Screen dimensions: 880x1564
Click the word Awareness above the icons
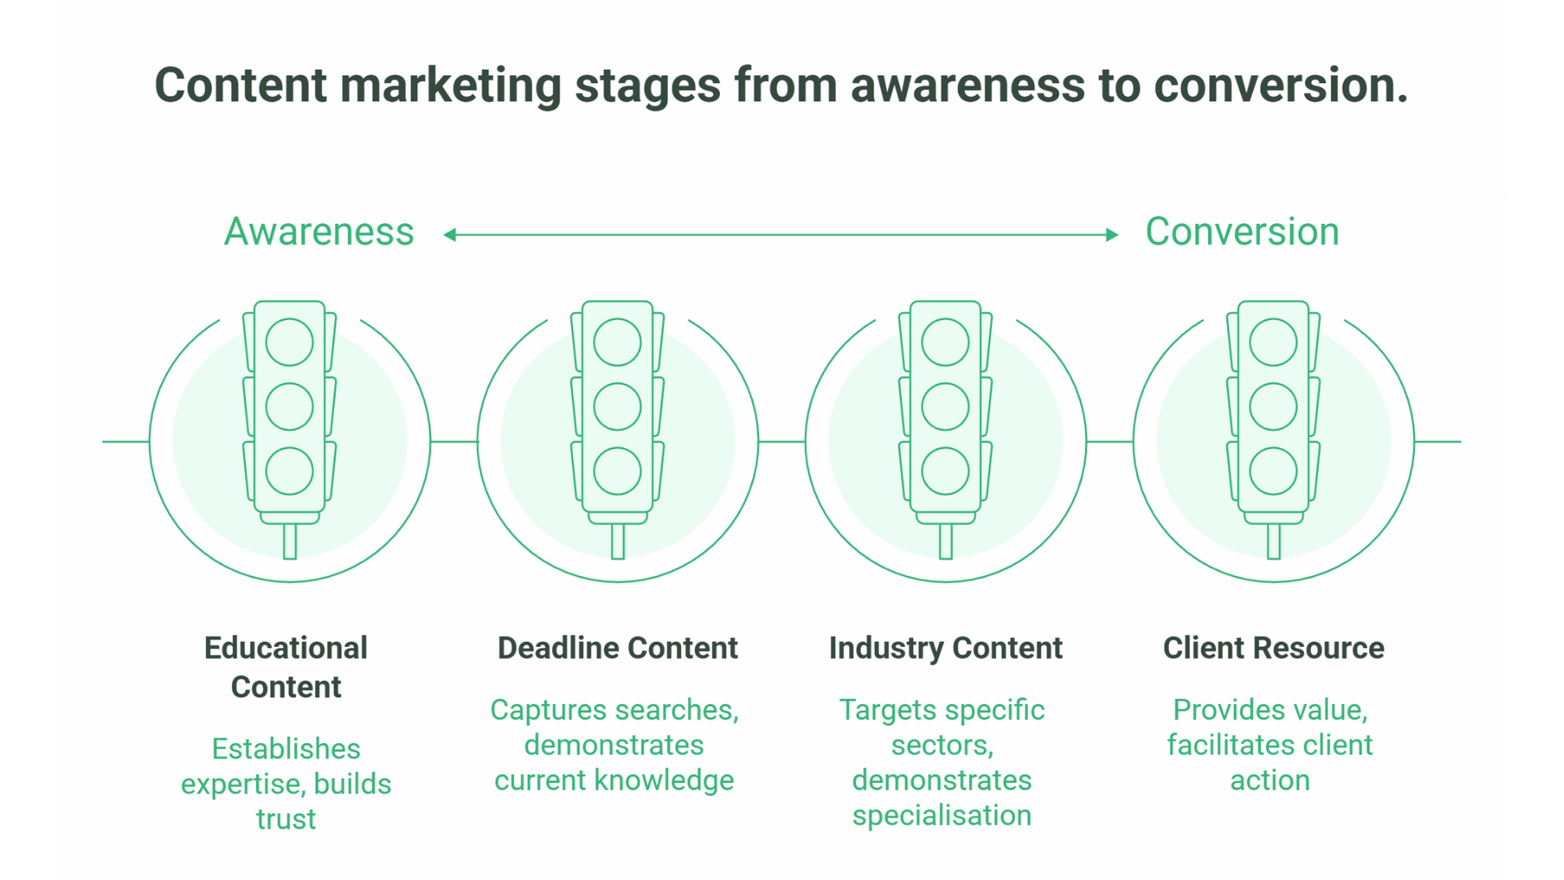(319, 232)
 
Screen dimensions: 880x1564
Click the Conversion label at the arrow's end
(1241, 232)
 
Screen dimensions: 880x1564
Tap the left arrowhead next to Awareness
(450, 235)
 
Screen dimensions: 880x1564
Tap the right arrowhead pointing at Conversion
(1112, 235)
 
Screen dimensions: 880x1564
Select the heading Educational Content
(286, 667)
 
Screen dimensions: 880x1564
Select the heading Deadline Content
(617, 648)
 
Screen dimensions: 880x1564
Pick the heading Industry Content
(945, 648)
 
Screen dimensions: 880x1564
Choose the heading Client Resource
(1273, 648)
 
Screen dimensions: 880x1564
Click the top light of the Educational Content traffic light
(289, 341)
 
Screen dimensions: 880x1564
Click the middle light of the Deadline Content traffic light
(617, 406)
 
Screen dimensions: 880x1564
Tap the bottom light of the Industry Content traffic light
(945, 471)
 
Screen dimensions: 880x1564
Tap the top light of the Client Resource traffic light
(1273, 341)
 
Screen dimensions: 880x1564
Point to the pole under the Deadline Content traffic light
(617, 541)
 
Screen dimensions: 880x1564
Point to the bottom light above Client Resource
(1273, 471)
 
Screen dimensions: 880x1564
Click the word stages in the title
(648, 86)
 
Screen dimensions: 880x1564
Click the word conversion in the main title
(1280, 86)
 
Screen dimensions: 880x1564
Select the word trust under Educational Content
(286, 819)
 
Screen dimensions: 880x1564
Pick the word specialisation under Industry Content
(942, 816)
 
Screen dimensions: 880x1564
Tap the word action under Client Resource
(1269, 781)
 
